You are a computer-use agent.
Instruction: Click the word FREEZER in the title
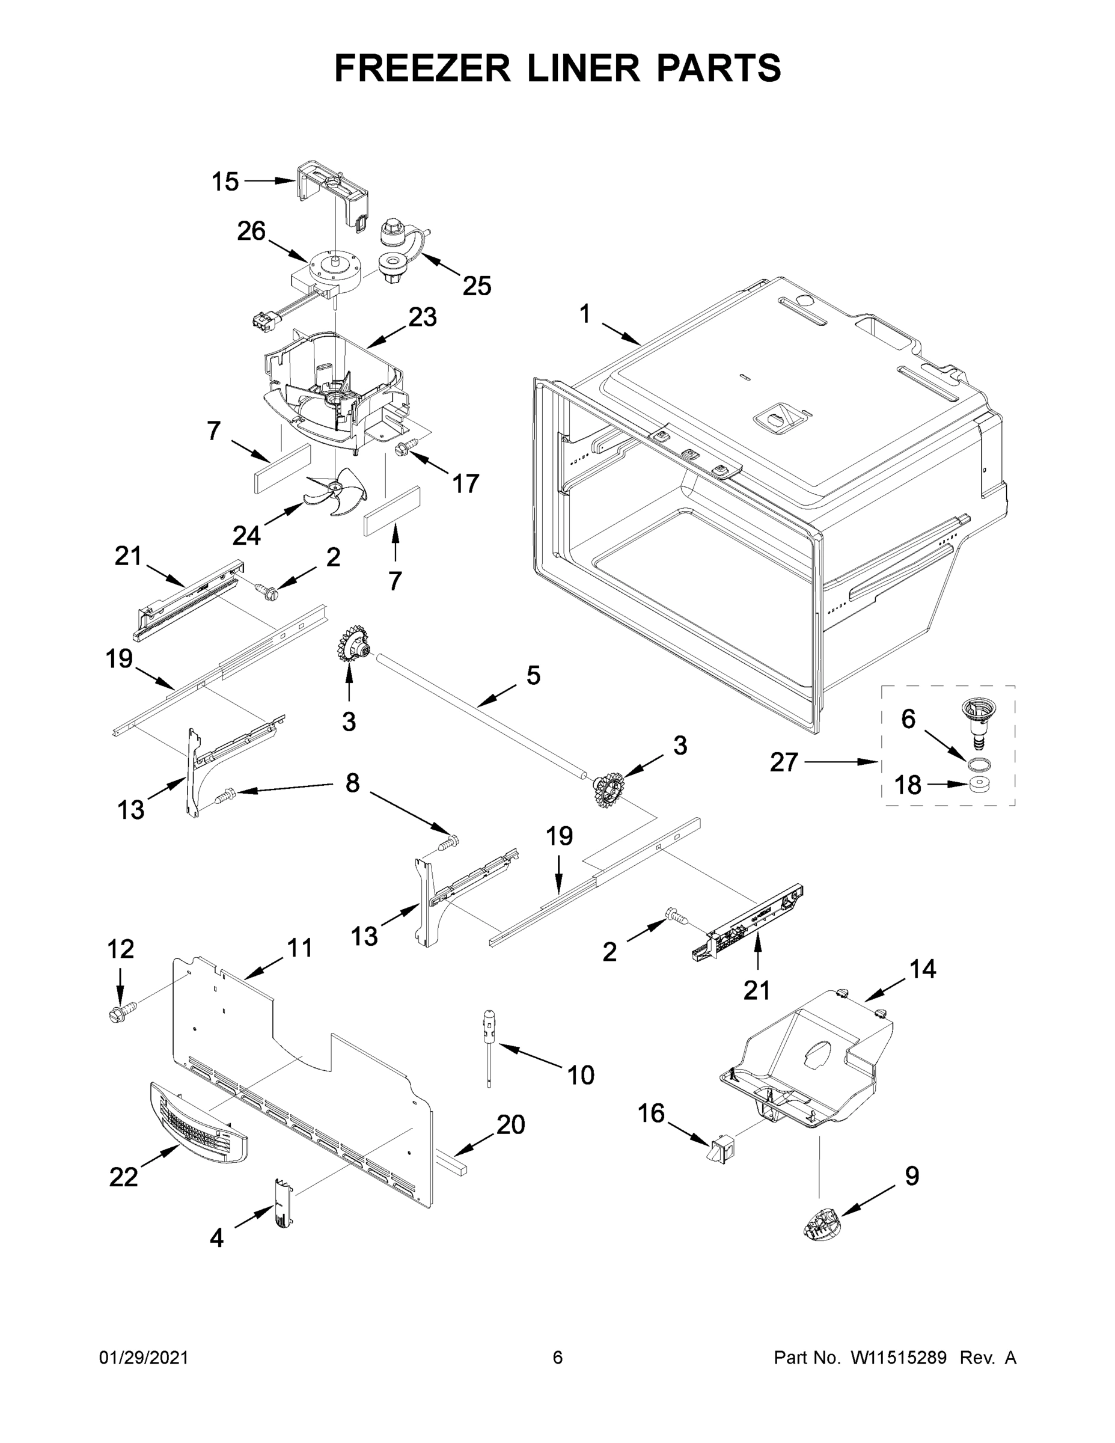423,68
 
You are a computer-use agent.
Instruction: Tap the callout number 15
225,181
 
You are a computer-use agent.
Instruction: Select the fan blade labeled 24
337,496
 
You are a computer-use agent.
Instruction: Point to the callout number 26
251,231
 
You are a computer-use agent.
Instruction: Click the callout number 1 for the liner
585,314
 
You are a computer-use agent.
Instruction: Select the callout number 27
784,762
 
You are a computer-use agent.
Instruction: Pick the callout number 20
510,1124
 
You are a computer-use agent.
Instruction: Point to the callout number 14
922,969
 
